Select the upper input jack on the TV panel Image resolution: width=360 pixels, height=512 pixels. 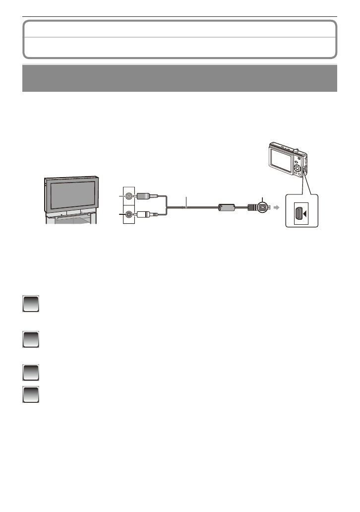point(129,196)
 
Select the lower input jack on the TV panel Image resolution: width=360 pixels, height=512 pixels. point(129,214)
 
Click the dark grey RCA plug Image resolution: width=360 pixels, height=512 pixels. point(146,196)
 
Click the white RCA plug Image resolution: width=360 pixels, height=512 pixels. point(146,214)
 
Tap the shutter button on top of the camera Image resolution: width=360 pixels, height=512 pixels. point(295,147)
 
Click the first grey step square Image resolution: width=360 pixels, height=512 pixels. point(31,304)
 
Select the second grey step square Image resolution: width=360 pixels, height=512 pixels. point(31,340)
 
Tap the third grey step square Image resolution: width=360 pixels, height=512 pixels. point(31,371)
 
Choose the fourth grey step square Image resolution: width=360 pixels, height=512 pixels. point(31,394)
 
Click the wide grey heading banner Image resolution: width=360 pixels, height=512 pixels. point(180,78)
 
